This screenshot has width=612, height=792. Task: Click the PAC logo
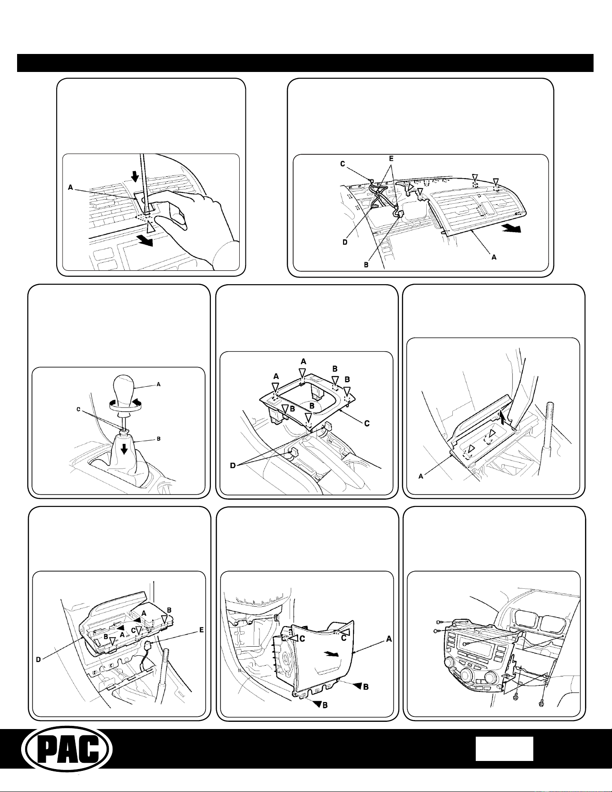coord(67,749)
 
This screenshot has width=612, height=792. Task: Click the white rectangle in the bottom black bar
coord(505,748)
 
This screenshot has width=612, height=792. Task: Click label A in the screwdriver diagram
coord(71,188)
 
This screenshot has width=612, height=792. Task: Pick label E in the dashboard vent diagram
coord(391,159)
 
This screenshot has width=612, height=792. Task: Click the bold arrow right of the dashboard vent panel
coord(512,229)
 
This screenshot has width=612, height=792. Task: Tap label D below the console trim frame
coord(233,465)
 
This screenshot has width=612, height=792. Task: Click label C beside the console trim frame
coord(367,423)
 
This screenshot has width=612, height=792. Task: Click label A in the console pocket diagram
coord(421,476)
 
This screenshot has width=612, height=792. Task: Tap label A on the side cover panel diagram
coord(389,638)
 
